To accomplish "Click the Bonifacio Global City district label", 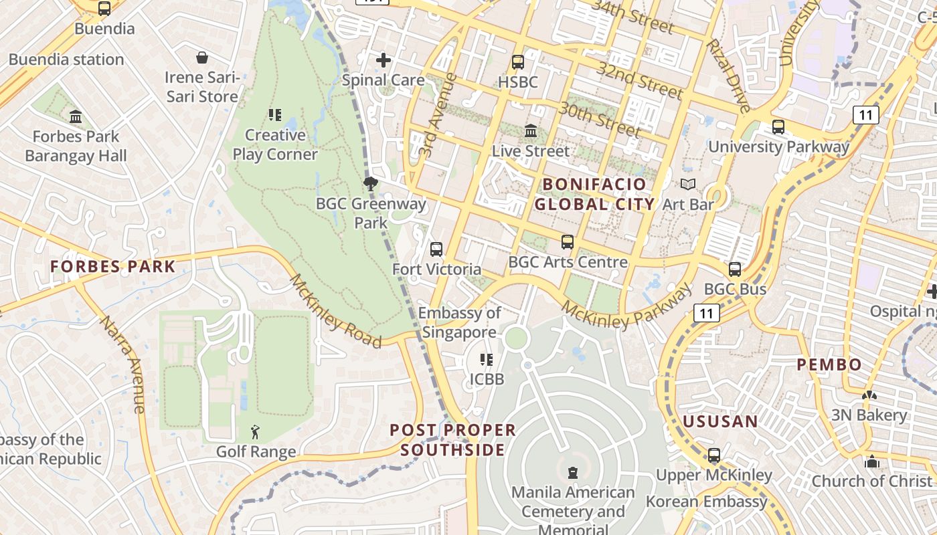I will pyautogui.click(x=594, y=194).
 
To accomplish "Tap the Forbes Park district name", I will pyautogui.click(x=112, y=267).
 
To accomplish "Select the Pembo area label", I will pyautogui.click(x=829, y=365).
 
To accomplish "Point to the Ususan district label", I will pyautogui.click(x=720, y=422).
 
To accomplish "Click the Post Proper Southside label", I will pyautogui.click(x=453, y=440).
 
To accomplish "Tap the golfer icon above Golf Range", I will pyautogui.click(x=255, y=433).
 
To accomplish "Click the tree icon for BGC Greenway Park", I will pyautogui.click(x=370, y=184).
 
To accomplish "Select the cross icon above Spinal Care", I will pyautogui.click(x=384, y=61).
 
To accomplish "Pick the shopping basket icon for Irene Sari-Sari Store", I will pyautogui.click(x=202, y=58).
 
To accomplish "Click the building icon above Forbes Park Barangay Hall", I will pyautogui.click(x=76, y=117).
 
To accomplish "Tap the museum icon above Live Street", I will pyautogui.click(x=531, y=130).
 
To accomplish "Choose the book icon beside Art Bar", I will pyautogui.click(x=687, y=184).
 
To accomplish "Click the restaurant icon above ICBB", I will pyautogui.click(x=487, y=360).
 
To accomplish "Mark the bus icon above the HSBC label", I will pyautogui.click(x=518, y=62).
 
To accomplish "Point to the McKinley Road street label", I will pyautogui.click(x=335, y=311).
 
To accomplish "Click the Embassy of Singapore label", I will pyautogui.click(x=460, y=322).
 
